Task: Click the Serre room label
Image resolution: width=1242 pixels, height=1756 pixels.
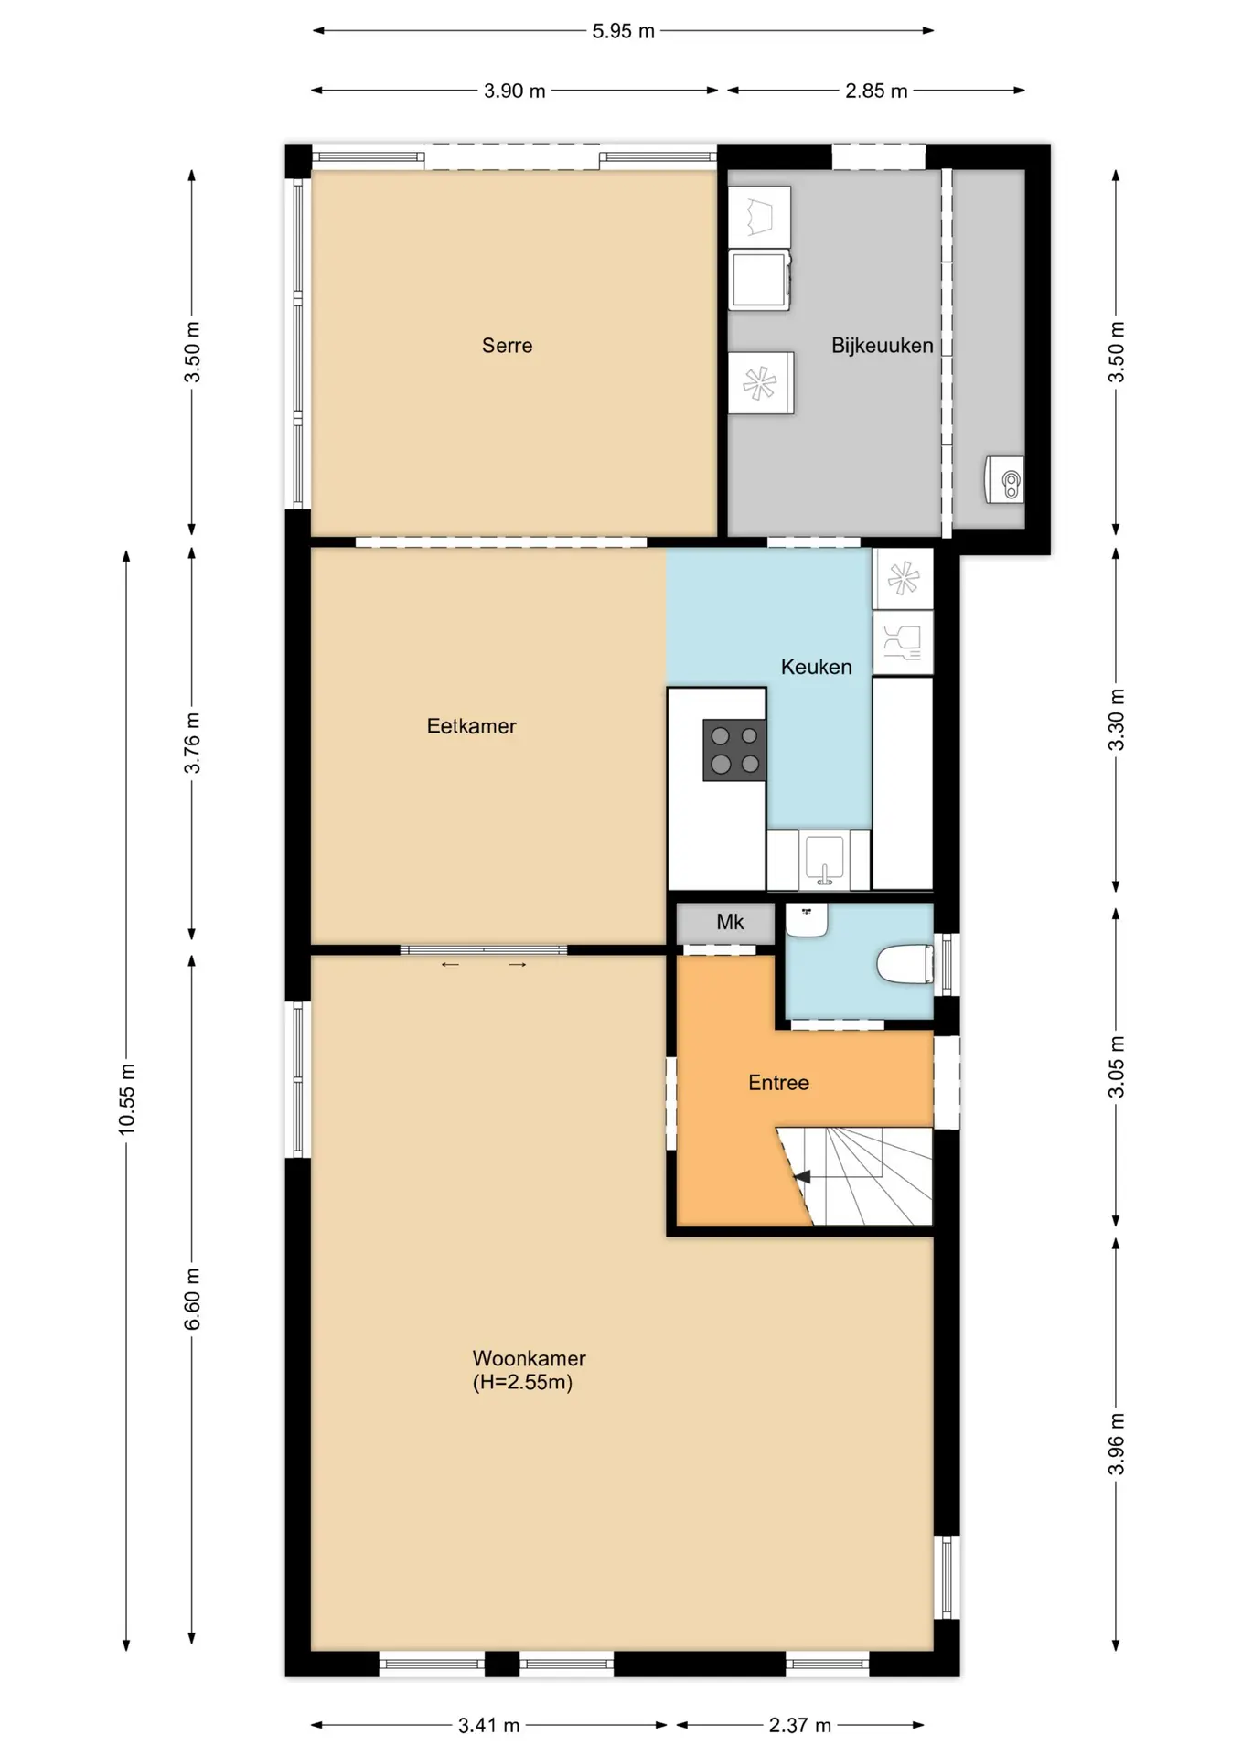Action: [507, 346]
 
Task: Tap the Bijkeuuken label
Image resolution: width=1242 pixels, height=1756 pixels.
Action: [882, 346]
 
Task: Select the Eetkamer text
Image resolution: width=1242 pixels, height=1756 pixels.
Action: [471, 726]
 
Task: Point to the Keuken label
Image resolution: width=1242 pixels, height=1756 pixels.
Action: [816, 668]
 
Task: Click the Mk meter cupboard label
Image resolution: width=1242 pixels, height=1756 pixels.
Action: [730, 922]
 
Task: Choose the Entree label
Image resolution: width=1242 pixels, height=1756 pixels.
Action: [778, 1083]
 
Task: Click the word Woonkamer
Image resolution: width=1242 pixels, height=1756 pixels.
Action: [529, 1359]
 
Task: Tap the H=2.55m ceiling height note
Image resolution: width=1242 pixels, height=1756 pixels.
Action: [522, 1383]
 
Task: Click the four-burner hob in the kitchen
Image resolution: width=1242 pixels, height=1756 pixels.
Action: [734, 750]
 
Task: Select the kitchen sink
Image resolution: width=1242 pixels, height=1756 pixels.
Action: [824, 859]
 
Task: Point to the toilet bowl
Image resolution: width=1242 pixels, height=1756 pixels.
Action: [905, 964]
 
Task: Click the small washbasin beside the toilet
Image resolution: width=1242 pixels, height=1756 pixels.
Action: [807, 920]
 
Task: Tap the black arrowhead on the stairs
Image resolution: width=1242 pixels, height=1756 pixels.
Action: [802, 1177]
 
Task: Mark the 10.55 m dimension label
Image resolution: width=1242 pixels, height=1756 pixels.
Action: [127, 1100]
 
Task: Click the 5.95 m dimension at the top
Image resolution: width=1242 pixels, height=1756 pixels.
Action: [624, 31]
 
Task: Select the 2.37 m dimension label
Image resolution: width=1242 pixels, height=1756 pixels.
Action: [800, 1726]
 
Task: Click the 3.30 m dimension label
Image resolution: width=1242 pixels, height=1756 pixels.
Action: [1117, 720]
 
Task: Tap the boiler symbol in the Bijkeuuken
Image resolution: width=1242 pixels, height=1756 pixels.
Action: [1005, 480]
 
